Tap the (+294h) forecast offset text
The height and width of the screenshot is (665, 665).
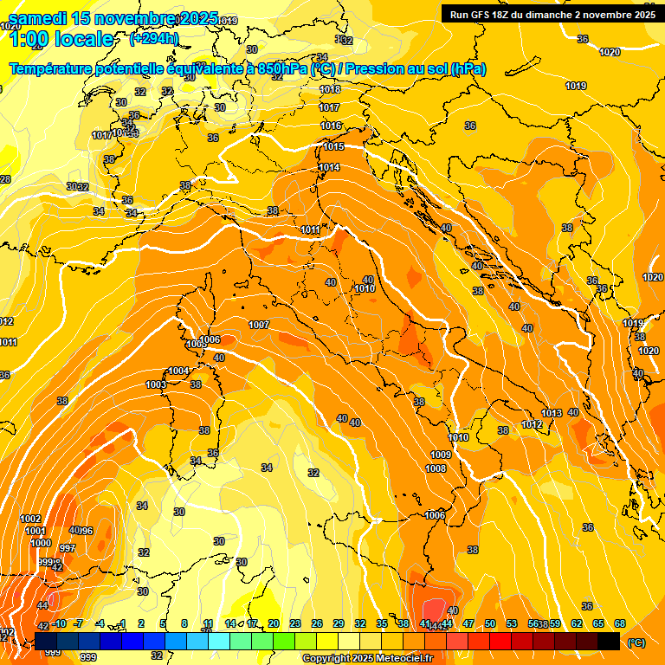[x=154, y=38]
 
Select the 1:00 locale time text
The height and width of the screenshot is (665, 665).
[x=61, y=39]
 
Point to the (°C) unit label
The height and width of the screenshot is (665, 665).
[x=636, y=642]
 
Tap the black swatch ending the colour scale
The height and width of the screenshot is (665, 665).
[x=608, y=641]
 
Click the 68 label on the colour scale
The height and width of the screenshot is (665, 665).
[x=620, y=623]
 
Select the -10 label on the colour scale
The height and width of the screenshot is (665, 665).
[x=59, y=623]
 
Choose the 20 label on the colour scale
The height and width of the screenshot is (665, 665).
[x=274, y=623]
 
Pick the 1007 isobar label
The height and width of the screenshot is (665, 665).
[x=259, y=325]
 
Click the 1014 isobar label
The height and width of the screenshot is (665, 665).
[x=329, y=167]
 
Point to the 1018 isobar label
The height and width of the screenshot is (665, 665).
[x=330, y=89]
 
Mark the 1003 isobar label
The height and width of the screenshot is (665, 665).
[x=156, y=384]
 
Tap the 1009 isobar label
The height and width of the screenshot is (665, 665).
[x=441, y=455]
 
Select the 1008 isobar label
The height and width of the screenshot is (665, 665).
[x=436, y=468]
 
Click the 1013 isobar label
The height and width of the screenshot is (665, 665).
[x=552, y=412]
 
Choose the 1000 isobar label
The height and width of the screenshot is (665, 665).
[x=40, y=543]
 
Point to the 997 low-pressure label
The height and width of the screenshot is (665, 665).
[x=68, y=548]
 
